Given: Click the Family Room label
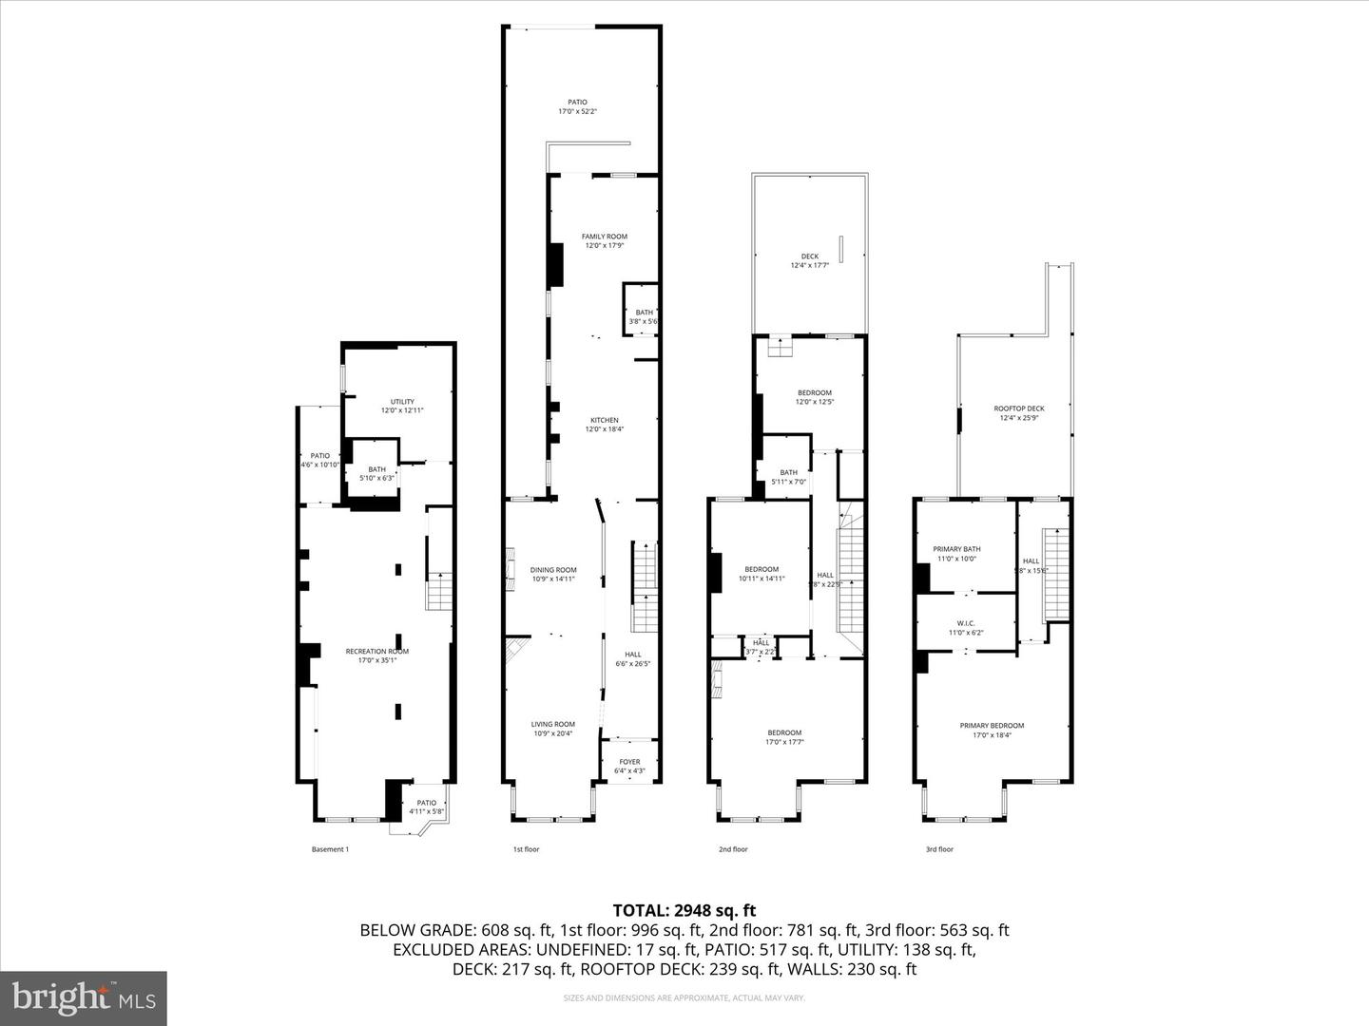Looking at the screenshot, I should pos(604,241).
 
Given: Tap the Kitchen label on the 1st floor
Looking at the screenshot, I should pos(604,425).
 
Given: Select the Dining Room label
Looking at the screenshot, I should pos(552,574).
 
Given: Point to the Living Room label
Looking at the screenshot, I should pos(552,729).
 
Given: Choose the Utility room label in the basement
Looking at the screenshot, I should pos(402,406).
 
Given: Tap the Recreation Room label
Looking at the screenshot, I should pos(376,655).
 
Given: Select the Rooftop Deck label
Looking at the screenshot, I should pos(1018,413).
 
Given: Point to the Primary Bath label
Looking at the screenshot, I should pos(956,554).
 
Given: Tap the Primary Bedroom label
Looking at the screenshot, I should pos(992,730).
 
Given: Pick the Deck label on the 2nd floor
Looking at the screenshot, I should pos(809,260).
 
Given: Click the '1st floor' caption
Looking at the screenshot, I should pos(526,849).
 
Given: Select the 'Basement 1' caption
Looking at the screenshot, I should pos(330,849).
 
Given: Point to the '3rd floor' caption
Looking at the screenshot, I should pos(939,849).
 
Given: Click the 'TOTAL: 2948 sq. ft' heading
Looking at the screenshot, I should pos(684,911).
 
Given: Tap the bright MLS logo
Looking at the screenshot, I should pos(84,997).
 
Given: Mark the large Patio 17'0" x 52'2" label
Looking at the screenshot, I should pos(577,106).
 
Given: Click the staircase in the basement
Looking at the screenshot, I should pos(439,593).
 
